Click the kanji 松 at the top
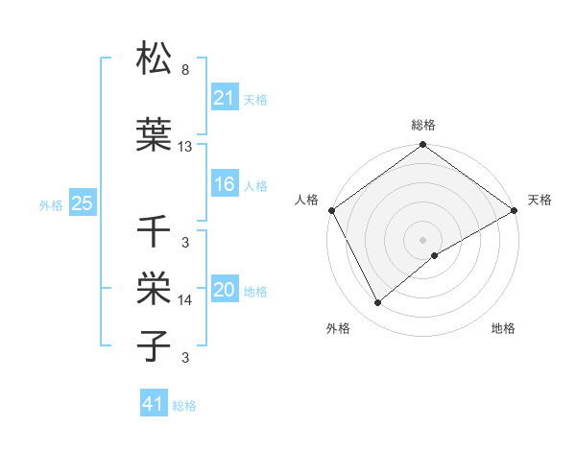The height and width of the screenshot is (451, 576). coord(155,60)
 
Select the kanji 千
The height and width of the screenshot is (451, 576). coord(155,231)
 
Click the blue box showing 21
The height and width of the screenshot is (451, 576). coord(225,99)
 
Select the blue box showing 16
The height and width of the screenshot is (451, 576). coord(225,185)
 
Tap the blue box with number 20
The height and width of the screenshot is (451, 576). coord(225,291)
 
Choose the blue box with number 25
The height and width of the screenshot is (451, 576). coord(82,203)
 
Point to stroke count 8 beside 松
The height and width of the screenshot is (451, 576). coord(184,70)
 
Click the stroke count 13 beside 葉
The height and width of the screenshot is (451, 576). coord(185,146)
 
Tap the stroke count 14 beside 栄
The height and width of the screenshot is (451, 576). coord(185,300)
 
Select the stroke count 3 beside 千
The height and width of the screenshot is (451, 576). coord(184,242)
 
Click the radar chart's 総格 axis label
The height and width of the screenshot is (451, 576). coord(423,125)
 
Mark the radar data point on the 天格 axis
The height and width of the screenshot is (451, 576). coord(515,210)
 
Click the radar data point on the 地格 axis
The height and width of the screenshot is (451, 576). coord(435,255)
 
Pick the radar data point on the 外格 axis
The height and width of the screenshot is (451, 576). coord(378,303)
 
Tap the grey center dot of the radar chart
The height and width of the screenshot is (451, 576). coord(422,239)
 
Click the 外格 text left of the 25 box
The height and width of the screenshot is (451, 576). coord(50,204)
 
